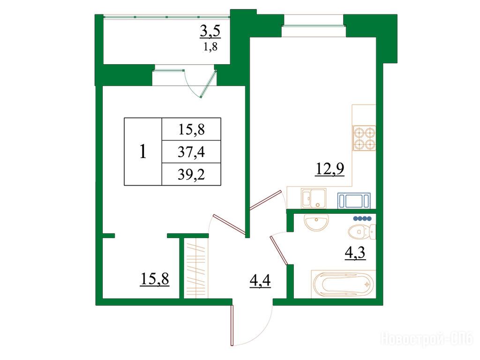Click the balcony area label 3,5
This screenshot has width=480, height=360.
[x=210, y=32]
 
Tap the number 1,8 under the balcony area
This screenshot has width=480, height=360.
[x=210, y=47]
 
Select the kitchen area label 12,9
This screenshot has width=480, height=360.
[x=330, y=169]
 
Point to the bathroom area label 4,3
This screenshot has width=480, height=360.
[x=355, y=253]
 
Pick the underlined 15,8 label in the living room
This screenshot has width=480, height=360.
[x=155, y=279]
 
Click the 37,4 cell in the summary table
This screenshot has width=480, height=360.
[x=191, y=152]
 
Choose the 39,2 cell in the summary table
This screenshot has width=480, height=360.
[x=191, y=174]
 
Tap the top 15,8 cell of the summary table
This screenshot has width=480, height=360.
[x=191, y=129]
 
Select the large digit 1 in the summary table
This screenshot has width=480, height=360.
[x=142, y=151]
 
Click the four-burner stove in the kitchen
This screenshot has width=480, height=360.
[x=364, y=138]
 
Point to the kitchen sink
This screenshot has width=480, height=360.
[x=314, y=198]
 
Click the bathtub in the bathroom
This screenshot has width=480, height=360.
[x=343, y=284]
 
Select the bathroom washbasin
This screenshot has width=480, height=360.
[x=316, y=222]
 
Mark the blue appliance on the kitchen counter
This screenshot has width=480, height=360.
[x=354, y=201]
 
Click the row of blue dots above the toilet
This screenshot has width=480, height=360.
[x=362, y=218]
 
